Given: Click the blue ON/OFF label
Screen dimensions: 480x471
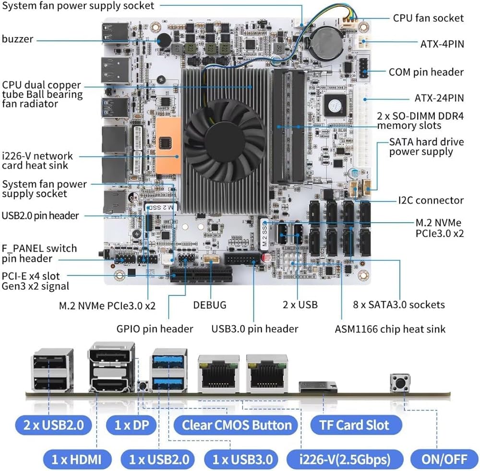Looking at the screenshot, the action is (x=444, y=459).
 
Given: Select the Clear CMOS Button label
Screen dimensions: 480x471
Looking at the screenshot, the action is (x=236, y=425).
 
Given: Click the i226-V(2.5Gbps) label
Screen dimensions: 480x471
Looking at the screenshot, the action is (x=345, y=459).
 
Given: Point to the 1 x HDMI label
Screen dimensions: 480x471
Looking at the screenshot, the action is (x=76, y=459).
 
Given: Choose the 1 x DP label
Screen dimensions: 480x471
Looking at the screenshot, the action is (x=132, y=425).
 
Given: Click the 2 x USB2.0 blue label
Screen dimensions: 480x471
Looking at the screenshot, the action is (x=54, y=425).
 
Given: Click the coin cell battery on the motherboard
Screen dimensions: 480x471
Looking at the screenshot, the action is (x=326, y=42).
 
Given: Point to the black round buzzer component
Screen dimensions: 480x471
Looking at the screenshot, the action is (x=164, y=40).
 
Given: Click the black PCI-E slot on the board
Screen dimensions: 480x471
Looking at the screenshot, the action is (x=201, y=275).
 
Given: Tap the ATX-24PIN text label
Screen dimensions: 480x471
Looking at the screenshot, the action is (x=439, y=98).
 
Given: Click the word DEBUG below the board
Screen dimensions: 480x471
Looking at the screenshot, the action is (x=210, y=305).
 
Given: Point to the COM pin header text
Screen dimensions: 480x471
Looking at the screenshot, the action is (x=426, y=72).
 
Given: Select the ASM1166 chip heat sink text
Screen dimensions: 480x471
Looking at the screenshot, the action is (x=390, y=329).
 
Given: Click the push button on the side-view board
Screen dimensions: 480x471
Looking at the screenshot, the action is (x=400, y=383).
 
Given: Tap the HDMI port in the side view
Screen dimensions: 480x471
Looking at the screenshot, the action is (x=111, y=384).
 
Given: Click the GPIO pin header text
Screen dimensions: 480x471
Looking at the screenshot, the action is (x=155, y=329).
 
